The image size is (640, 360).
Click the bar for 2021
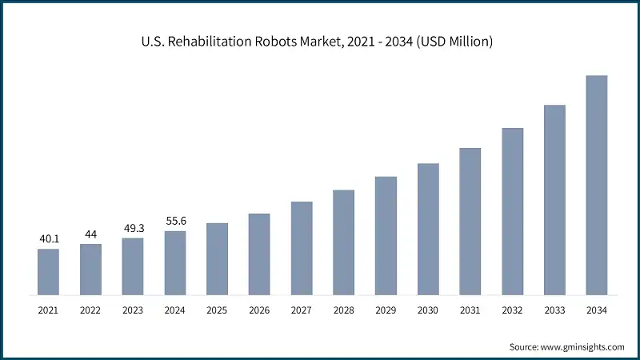click(48, 271)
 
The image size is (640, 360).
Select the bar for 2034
click(597, 185)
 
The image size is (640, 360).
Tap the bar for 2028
click(343, 242)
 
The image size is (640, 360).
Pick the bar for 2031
click(470, 221)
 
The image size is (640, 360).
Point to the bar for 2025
click(217, 258)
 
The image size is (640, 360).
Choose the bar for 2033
click(554, 199)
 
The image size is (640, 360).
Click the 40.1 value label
click(48, 238)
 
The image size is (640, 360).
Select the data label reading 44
click(90, 234)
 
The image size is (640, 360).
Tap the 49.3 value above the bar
click(133, 227)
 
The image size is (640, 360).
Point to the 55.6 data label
click(175, 221)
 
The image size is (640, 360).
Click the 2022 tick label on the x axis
click(90, 310)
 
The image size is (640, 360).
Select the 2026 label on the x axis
click(259, 310)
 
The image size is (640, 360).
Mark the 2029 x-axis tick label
click(386, 310)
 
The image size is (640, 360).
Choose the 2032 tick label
click(512, 310)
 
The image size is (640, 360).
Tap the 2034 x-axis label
click(597, 310)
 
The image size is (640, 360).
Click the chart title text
click(319, 41)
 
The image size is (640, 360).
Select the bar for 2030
click(428, 229)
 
